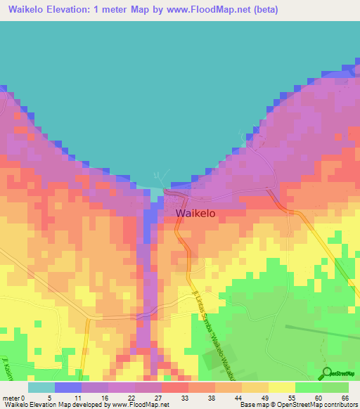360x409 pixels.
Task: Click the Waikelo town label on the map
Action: click(195, 213)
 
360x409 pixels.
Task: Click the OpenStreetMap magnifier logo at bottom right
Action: click(328, 373)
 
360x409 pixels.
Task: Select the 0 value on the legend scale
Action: click(29, 397)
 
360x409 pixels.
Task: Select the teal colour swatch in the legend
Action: click(41, 387)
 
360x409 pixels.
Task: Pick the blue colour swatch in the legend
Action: click(68, 387)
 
